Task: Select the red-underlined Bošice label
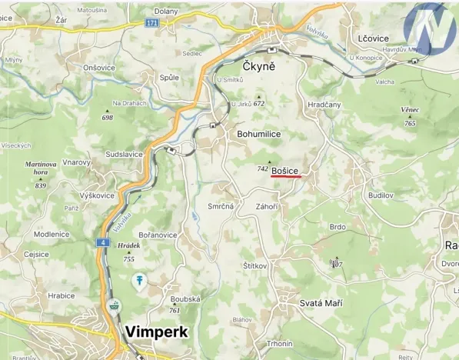285,170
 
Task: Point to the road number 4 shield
101,243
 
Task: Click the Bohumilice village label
259,134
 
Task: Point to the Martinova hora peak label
41,168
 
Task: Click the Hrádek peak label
128,246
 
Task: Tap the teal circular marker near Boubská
139,279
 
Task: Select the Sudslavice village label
125,154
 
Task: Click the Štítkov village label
254,267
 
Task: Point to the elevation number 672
258,104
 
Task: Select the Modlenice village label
51,234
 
